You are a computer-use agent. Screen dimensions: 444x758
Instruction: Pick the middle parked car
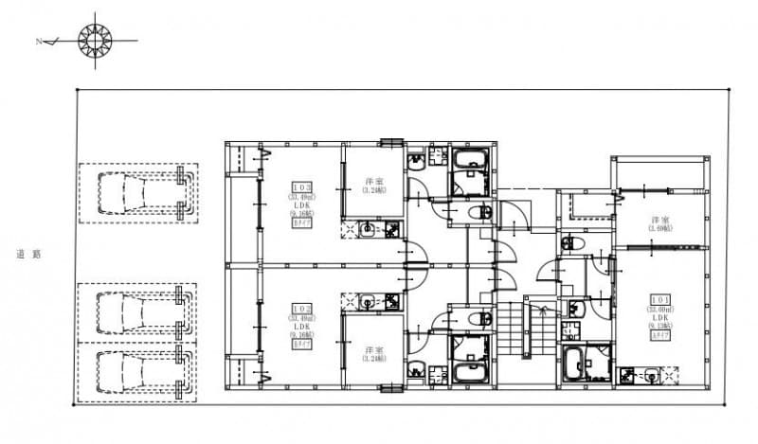click(140, 311)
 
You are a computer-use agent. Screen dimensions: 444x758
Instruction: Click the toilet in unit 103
click(480, 212)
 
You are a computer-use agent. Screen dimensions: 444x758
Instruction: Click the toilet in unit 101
click(575, 245)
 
